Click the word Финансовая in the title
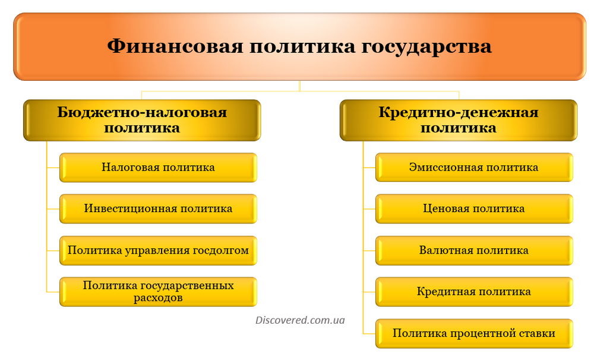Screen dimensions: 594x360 (x=175, y=46)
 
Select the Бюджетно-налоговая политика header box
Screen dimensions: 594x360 (x=142, y=120)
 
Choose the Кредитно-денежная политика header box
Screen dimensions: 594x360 (x=459, y=120)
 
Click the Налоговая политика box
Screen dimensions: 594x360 (x=159, y=168)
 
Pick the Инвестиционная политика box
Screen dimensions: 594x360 (x=159, y=209)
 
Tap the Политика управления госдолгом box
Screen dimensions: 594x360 (x=159, y=251)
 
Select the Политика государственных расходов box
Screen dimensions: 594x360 (x=159, y=292)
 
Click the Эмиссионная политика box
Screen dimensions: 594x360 (x=474, y=168)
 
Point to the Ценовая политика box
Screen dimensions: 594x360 (x=474, y=209)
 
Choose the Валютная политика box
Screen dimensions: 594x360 (x=474, y=251)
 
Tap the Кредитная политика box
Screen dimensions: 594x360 (x=474, y=292)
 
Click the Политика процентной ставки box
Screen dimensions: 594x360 (x=474, y=333)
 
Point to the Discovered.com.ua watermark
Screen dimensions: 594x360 (x=300, y=320)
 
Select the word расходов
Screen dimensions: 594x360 (x=158, y=298)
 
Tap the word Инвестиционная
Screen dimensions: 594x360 (x=130, y=209)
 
